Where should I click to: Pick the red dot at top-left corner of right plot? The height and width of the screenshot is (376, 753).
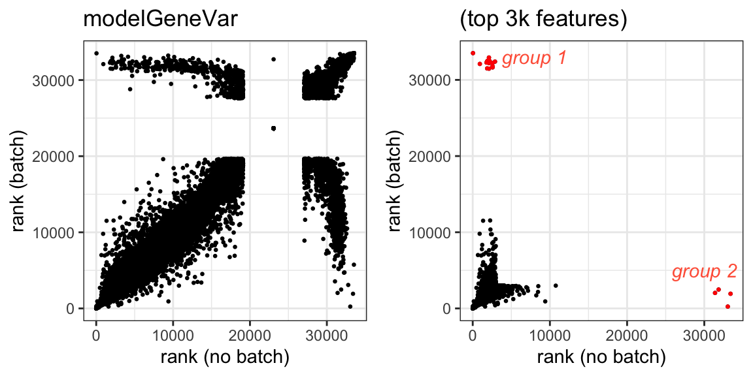tap(473, 54)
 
